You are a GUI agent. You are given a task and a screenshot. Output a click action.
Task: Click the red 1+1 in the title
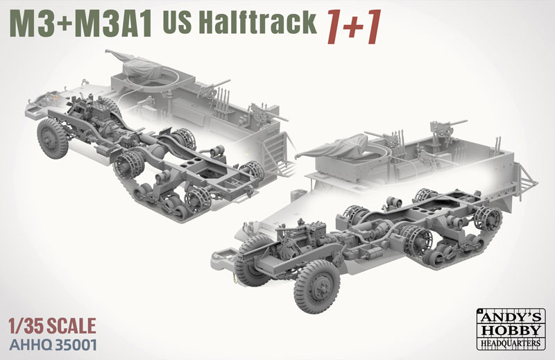354,27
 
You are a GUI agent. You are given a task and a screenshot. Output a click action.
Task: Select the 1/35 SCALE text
53,326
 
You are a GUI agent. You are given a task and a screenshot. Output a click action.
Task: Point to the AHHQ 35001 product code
53,345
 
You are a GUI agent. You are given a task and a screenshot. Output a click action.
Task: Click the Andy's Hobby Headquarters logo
511,329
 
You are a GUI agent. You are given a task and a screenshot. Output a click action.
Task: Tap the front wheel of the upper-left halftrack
53,138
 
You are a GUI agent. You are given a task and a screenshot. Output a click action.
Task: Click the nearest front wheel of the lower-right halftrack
316,286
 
